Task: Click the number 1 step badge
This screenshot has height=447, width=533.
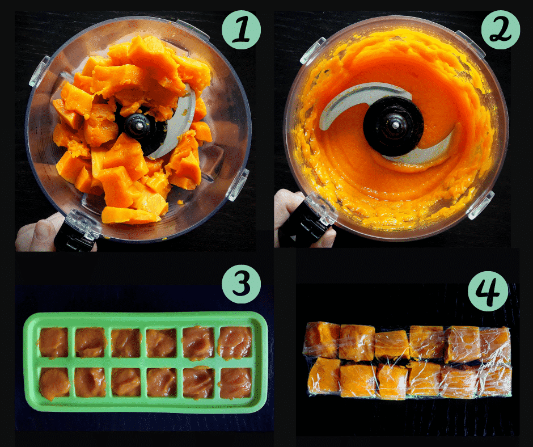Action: [242, 30]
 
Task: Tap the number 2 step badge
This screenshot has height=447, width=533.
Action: [500, 30]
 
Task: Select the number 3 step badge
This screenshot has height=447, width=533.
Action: [242, 284]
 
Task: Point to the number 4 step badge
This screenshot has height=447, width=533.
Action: [488, 291]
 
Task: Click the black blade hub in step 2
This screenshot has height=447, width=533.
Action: [394, 126]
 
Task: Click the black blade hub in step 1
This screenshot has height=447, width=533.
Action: [139, 125]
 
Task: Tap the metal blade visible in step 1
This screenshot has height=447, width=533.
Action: [177, 126]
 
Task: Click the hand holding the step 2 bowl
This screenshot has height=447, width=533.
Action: [289, 214]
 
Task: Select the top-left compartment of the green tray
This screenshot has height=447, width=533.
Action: [54, 343]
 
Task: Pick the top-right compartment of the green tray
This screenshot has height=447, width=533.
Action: [235, 343]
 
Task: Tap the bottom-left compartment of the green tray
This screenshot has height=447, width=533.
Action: [54, 383]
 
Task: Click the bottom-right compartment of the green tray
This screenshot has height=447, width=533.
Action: [235, 383]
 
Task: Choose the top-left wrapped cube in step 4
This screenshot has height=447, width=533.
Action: [322, 339]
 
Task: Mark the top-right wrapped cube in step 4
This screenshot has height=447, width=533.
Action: [495, 344]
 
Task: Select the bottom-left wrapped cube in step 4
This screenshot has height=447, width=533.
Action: [324, 376]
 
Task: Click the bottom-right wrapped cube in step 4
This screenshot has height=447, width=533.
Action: [495, 380]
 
